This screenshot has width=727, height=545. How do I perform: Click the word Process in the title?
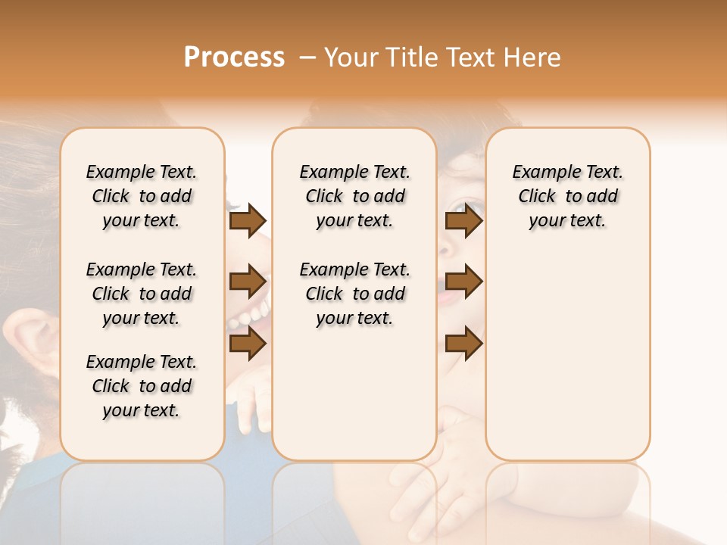tap(234, 58)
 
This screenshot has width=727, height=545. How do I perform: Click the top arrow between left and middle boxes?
tap(248, 221)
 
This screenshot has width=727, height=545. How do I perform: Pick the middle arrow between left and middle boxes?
tap(248, 282)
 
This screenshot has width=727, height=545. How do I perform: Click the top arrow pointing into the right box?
tap(463, 221)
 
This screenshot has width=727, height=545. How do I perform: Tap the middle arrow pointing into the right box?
tap(463, 282)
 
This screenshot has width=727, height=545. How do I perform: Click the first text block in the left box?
tap(142, 196)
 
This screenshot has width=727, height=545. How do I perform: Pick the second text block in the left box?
tap(142, 294)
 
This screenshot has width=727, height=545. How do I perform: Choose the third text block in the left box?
tap(142, 386)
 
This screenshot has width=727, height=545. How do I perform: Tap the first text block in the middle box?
tap(354, 196)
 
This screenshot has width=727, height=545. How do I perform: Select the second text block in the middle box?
tap(354, 294)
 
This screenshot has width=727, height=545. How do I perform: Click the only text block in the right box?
tap(567, 196)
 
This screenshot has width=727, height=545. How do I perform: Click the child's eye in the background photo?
tap(460, 207)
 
